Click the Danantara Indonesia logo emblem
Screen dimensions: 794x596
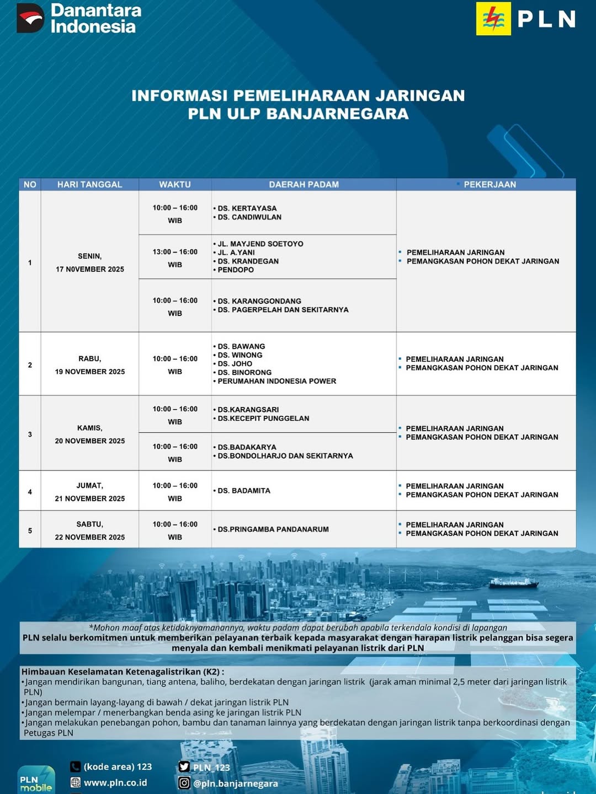pyautogui.click(x=30, y=18)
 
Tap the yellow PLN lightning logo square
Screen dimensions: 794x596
pyautogui.click(x=493, y=19)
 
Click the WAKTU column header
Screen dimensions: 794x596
pyautogui.click(x=175, y=185)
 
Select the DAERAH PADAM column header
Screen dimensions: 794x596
pyautogui.click(x=304, y=185)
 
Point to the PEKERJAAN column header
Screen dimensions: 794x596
pyautogui.click(x=489, y=185)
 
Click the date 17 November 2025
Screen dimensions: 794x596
pyautogui.click(x=90, y=269)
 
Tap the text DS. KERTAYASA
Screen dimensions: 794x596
pyautogui.click(x=247, y=208)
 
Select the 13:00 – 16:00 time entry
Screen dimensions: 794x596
pyautogui.click(x=175, y=252)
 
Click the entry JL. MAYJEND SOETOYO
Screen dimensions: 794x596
pyautogui.click(x=260, y=244)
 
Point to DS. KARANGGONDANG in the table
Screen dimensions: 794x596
pyautogui.click(x=259, y=301)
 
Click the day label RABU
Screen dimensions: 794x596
pyautogui.click(x=90, y=359)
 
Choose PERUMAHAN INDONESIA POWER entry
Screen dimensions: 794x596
pyautogui.click(x=276, y=381)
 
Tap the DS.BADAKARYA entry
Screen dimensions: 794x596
pyautogui.click(x=247, y=447)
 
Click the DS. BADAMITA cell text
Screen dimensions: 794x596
pyautogui.click(x=244, y=491)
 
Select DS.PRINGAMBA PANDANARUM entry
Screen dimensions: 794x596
pyautogui.click(x=273, y=529)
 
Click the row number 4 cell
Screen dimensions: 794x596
pyautogui.click(x=30, y=492)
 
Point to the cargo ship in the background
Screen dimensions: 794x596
pyautogui.click(x=513, y=582)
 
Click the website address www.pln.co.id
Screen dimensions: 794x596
pyautogui.click(x=115, y=782)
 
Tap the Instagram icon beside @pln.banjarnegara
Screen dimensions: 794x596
pyautogui.click(x=184, y=783)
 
